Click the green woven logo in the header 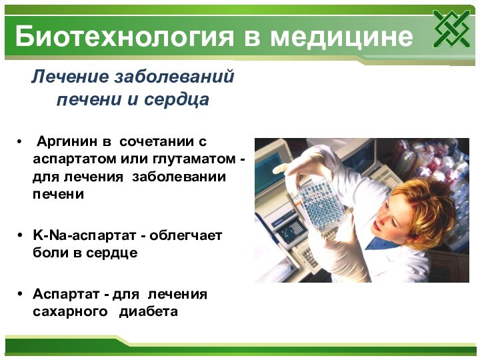tap(451, 29)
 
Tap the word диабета tap(148, 311)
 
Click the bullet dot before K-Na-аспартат tap(21, 236)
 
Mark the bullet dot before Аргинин tap(21, 142)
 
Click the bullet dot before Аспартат tap(21, 294)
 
